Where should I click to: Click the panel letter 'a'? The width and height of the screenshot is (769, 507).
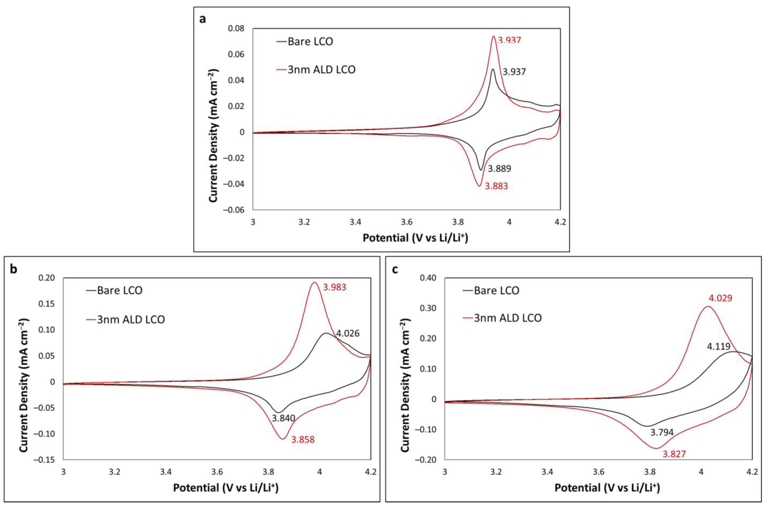pos(203,19)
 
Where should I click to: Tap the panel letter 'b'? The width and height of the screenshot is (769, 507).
pos(13,269)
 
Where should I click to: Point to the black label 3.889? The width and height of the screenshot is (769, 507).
pos(499,169)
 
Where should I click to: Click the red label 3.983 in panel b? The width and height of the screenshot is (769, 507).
pos(335,287)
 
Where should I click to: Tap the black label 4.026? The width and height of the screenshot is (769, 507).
pos(348,333)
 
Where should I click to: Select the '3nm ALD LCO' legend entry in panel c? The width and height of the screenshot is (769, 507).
pos(507,318)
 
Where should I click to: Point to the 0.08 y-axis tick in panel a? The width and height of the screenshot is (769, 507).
pos(236,28)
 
